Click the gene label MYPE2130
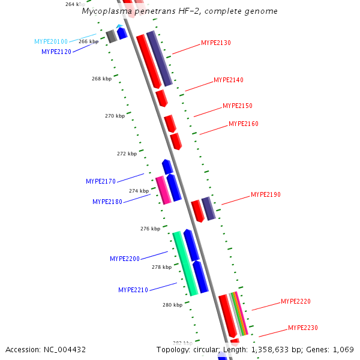[216, 43]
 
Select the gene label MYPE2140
[229, 80]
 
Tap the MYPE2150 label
[238, 106]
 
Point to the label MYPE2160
[244, 124]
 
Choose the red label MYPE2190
[266, 195]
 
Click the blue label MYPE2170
[101, 181]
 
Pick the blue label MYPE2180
[107, 202]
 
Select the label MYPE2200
[125, 259]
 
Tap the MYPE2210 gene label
[133, 290]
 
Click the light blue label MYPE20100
[51, 42]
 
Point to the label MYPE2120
[56, 52]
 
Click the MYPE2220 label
[296, 302]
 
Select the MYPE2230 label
[303, 328]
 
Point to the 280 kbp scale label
[172, 305]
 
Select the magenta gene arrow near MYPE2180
[163, 190]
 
